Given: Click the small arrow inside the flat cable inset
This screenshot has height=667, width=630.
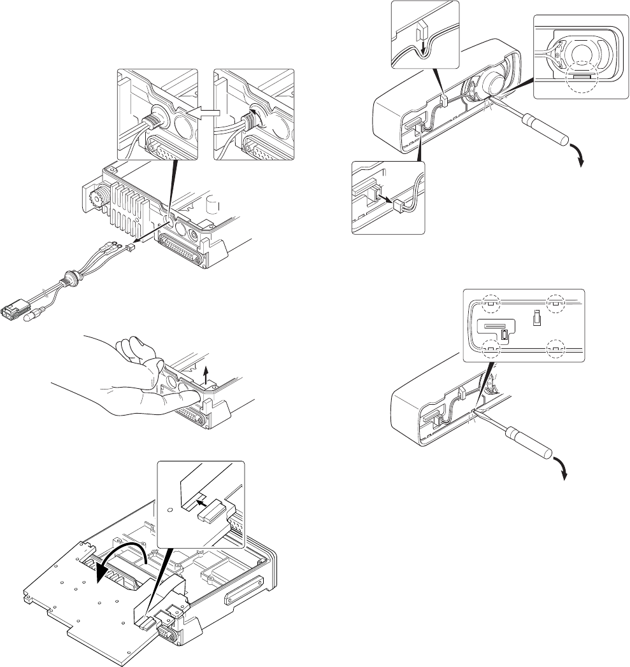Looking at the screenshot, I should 203,503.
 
